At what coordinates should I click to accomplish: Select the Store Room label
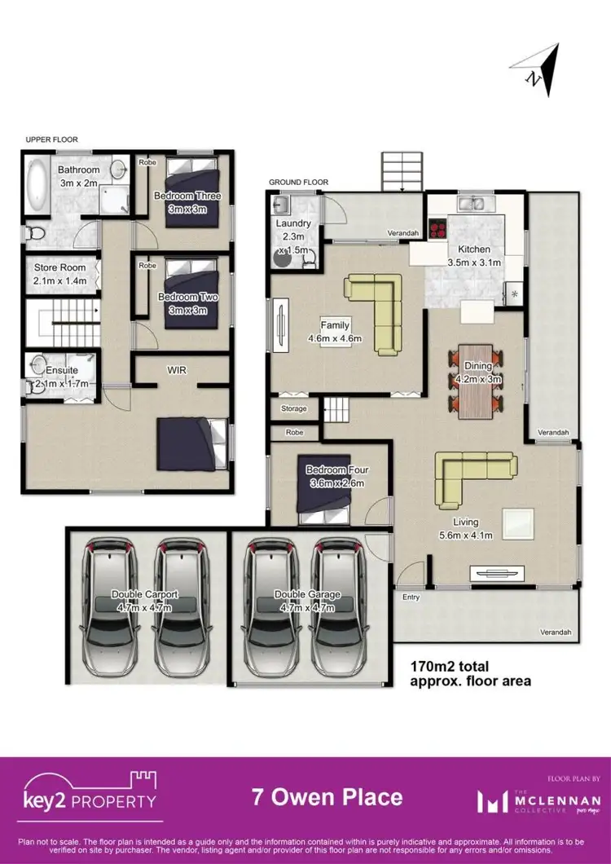coord(59,267)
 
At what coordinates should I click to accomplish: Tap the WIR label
coord(178,370)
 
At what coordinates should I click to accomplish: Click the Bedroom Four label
coord(337,470)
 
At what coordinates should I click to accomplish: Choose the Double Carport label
coord(144,595)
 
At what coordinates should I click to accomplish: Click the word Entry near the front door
coord(411,597)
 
